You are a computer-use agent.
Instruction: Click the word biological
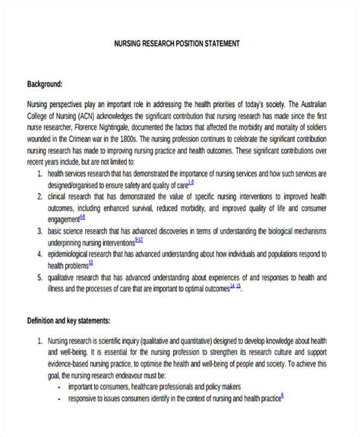278,230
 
